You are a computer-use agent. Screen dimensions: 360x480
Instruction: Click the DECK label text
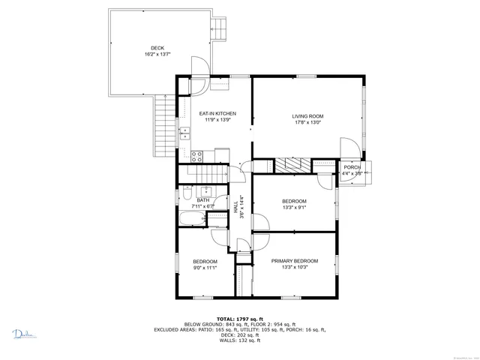tap(157, 48)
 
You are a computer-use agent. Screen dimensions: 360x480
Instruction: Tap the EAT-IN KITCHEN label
tap(214, 113)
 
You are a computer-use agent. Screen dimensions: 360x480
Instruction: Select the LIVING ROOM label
tap(307, 115)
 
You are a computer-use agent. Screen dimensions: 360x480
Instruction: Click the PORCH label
tap(352, 167)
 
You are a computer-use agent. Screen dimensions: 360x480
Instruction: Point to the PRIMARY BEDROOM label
tap(295, 261)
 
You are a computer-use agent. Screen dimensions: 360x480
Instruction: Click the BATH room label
tap(203, 200)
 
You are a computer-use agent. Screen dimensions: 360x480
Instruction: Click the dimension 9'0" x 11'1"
tap(205, 268)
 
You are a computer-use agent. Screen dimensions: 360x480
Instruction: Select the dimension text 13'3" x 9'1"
tap(294, 208)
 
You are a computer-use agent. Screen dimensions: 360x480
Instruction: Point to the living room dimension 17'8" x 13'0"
tap(307, 123)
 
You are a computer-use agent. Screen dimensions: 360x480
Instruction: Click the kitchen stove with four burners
tap(197, 157)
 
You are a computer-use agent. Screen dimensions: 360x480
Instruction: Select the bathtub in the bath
tap(193, 219)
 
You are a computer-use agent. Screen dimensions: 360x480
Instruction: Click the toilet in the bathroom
tap(185, 196)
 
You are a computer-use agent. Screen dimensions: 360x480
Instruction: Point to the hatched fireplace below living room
tap(292, 165)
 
